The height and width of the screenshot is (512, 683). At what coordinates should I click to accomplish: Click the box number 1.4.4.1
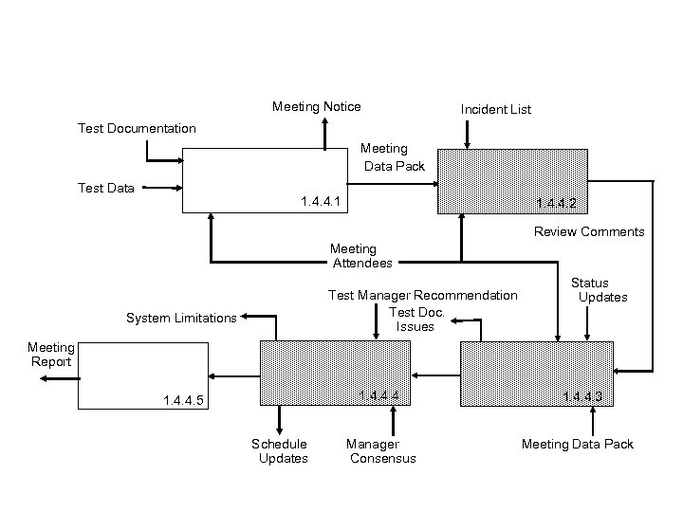click(x=321, y=202)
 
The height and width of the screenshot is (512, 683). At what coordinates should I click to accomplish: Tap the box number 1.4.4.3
click(x=582, y=396)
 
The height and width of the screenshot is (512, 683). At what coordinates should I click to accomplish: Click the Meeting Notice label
click(x=316, y=106)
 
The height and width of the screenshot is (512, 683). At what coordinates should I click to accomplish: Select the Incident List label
click(x=495, y=110)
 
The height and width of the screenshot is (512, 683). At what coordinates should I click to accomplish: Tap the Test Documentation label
click(x=137, y=128)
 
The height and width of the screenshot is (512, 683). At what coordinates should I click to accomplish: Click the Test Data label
click(x=105, y=188)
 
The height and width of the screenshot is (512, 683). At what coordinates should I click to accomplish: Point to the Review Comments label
click(x=588, y=231)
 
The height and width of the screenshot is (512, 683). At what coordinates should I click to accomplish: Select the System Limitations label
click(x=180, y=318)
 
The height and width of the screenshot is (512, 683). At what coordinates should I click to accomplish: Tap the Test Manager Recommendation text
click(x=422, y=296)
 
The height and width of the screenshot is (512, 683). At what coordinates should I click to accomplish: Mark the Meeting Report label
click(x=50, y=355)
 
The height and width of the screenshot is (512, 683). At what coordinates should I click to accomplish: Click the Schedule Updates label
click(x=280, y=451)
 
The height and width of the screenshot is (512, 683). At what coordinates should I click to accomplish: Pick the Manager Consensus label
click(x=378, y=451)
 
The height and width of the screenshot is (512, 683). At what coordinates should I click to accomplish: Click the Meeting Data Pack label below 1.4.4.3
click(x=577, y=444)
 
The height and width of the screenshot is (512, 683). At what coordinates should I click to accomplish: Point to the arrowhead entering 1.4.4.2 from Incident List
click(x=466, y=144)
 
